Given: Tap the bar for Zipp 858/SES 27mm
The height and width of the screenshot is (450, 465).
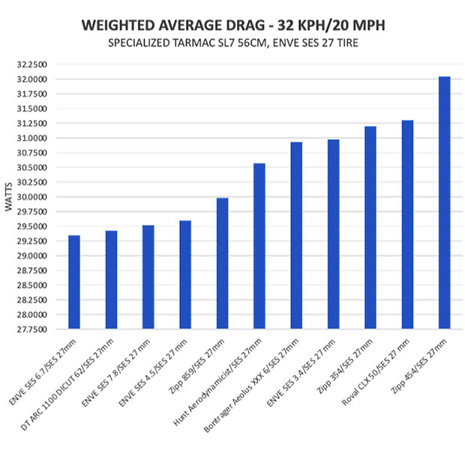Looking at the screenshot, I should (x=222, y=263).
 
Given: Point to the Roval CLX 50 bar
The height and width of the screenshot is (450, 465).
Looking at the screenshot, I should (x=407, y=224).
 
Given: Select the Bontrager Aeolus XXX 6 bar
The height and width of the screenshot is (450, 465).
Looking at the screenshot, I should (x=296, y=235).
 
